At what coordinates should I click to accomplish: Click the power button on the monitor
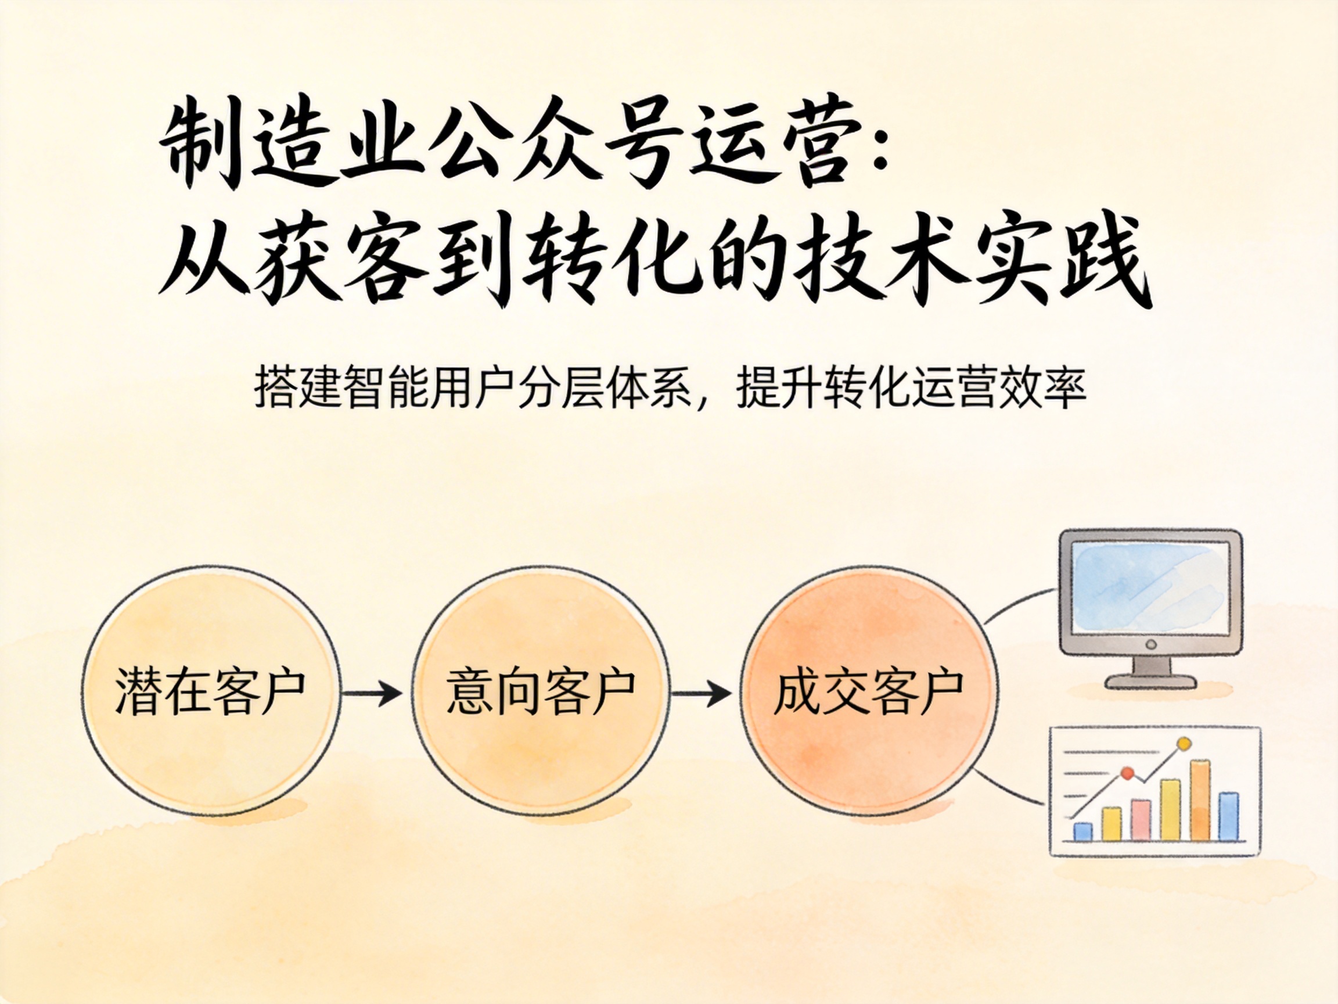[x=1151, y=644]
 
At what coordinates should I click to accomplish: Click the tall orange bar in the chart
[x=1200, y=799]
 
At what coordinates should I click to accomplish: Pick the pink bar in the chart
[x=1141, y=820]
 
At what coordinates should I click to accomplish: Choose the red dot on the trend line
[x=1127, y=773]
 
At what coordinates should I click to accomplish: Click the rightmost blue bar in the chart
[x=1228, y=816]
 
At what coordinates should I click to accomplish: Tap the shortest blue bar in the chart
[x=1082, y=831]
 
